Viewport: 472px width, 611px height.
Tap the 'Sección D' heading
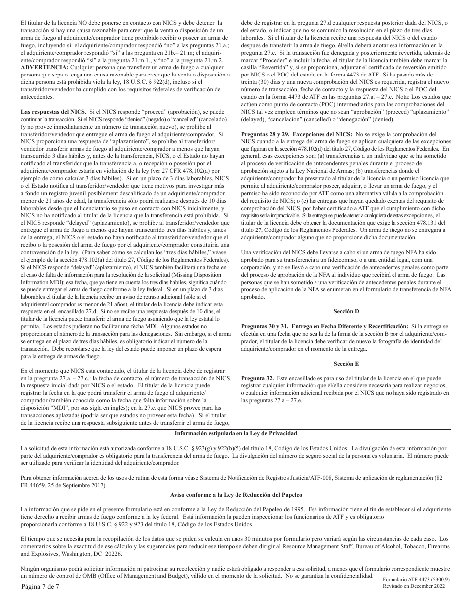(x=346, y=311)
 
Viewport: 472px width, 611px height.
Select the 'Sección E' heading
(x=346, y=364)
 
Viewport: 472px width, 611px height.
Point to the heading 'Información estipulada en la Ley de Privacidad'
(x=236, y=433)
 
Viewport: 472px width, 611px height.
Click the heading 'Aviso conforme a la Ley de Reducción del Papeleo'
(x=236, y=496)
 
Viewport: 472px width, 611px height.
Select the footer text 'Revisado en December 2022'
(x=414, y=586)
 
